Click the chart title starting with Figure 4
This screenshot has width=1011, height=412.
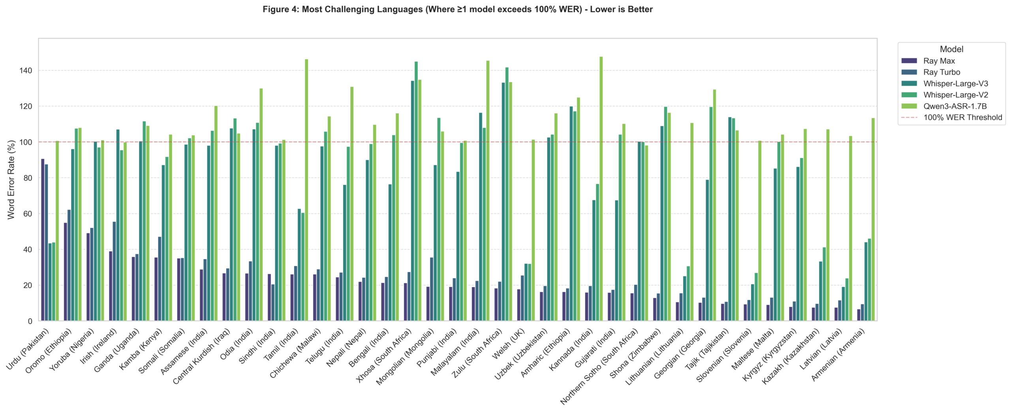point(457,9)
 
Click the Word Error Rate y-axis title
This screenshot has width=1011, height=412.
point(11,180)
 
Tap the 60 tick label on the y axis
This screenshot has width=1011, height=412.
point(27,214)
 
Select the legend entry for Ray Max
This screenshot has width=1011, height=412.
point(939,61)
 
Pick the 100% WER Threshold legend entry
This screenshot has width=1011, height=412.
point(962,117)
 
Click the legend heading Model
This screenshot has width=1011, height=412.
point(951,49)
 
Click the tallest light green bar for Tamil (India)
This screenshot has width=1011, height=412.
point(306,190)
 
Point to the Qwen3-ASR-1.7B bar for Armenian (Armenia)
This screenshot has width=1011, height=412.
point(873,220)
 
